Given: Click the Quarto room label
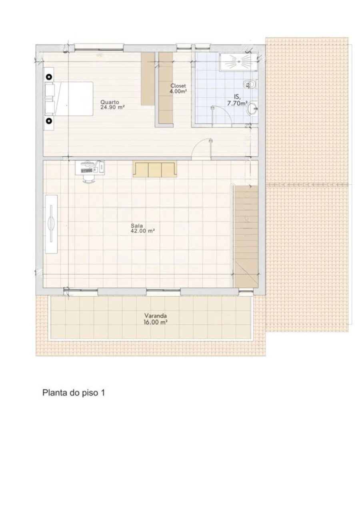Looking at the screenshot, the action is (110, 102).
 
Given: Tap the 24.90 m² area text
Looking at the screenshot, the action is (112, 107).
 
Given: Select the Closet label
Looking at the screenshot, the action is (178, 86).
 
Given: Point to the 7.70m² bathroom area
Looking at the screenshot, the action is (237, 104).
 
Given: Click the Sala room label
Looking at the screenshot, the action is (137, 226).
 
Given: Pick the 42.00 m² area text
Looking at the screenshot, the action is (143, 231).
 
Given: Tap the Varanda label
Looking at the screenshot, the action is (156, 315).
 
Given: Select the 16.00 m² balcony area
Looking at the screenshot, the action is (156, 322).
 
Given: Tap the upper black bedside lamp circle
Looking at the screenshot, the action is (49, 77).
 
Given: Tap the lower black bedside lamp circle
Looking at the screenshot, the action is (49, 121).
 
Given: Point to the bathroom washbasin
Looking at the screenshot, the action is (252, 109).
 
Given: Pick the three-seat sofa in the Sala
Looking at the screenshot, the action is (155, 170).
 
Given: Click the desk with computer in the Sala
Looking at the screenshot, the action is (90, 168).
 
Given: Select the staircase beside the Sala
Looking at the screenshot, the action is (246, 237).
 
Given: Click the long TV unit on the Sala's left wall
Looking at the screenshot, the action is (51, 224).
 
